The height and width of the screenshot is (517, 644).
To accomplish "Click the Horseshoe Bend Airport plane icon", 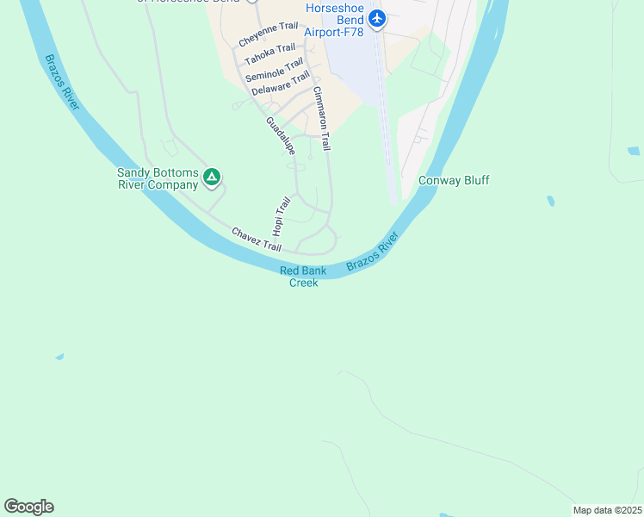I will pos(376,19).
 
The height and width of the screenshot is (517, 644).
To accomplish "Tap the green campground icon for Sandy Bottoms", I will pos(212,178).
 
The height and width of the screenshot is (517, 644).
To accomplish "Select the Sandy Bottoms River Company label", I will pos(158,178).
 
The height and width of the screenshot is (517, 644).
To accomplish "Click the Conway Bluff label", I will pos(454,180).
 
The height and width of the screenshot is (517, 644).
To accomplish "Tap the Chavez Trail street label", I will pos(256,240).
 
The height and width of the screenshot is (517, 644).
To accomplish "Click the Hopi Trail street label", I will pos(281,216).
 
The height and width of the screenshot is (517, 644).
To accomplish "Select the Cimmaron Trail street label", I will pos(322,118).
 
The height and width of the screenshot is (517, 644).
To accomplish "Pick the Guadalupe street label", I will pos(281,136).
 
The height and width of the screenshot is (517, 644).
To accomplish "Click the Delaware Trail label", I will pos(281,84).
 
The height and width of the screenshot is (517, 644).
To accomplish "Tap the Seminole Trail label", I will pos(274,70).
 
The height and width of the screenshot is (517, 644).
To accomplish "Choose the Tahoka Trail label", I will pos(269,54).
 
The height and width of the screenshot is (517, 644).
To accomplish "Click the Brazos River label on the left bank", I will pos(61,82).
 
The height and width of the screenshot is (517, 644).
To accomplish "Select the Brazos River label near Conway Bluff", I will pos(374,252).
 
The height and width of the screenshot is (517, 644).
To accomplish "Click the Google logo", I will pos(28,507).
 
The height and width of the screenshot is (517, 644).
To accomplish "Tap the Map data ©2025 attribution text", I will pos(607,510).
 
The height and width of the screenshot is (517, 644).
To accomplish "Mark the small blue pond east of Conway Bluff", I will pos(550,202).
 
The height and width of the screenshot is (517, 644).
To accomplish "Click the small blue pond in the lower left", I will pos(59,356).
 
